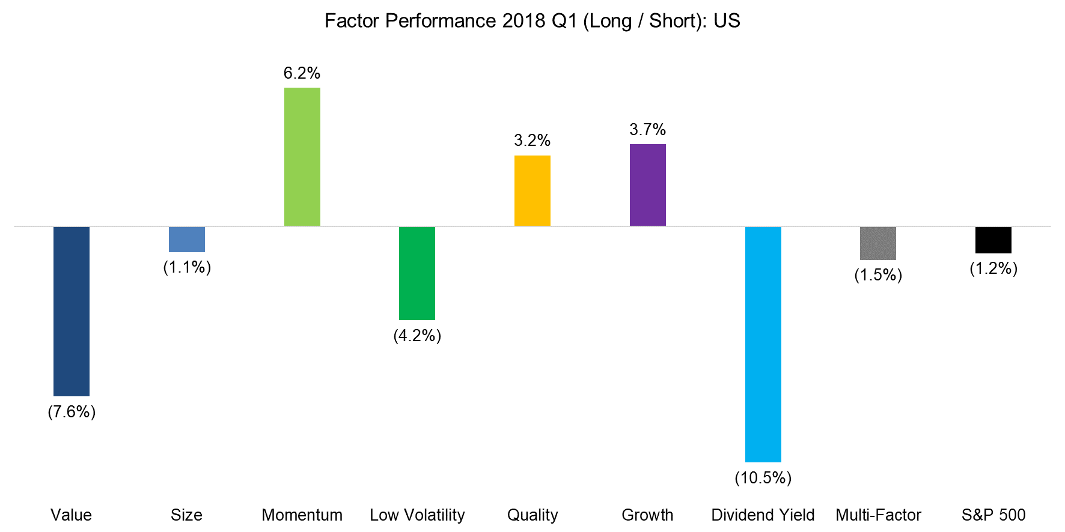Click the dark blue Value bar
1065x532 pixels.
tap(72, 311)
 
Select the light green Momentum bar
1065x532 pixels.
tap(302, 157)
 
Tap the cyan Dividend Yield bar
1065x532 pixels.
tap(763, 344)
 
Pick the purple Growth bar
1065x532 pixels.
tap(648, 185)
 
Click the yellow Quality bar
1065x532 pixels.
tap(532, 191)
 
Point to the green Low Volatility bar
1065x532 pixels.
tap(417, 273)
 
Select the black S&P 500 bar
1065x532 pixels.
tap(993, 240)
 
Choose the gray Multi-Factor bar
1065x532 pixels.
tap(878, 243)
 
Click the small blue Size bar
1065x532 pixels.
tap(187, 240)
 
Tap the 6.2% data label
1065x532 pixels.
tap(302, 73)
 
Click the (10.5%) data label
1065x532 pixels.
tap(763, 478)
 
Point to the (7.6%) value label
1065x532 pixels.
tap(72, 412)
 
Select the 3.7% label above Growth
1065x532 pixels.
tap(648, 130)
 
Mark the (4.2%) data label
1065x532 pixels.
tap(417, 336)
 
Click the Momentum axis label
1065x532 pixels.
tap(302, 515)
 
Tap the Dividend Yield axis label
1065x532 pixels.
tap(763, 515)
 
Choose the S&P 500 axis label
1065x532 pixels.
tap(993, 515)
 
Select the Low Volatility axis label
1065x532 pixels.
tap(417, 515)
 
